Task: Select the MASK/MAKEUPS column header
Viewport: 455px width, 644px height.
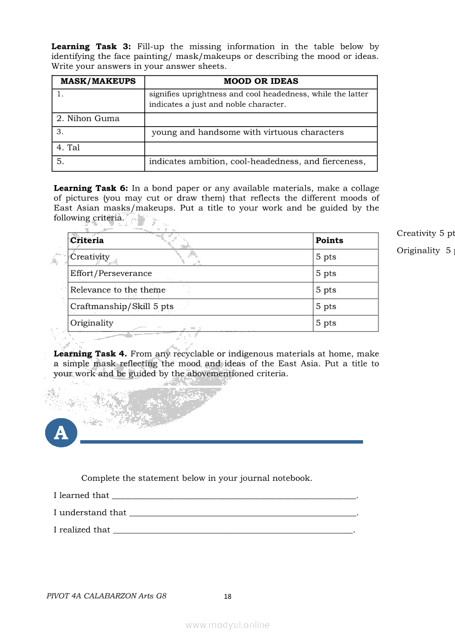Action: click(x=98, y=82)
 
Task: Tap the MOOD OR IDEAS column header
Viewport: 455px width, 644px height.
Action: click(x=261, y=82)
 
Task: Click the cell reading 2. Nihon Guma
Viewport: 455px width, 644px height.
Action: click(x=88, y=119)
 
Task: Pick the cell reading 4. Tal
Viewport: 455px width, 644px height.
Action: click(x=68, y=148)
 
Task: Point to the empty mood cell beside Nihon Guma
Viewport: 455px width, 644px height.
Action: click(x=261, y=120)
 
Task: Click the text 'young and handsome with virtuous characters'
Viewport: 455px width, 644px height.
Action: click(x=247, y=133)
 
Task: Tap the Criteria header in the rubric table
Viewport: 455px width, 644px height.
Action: click(x=87, y=241)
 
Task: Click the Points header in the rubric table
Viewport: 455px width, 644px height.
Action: click(x=329, y=241)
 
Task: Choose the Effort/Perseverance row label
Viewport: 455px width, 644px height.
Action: click(x=111, y=274)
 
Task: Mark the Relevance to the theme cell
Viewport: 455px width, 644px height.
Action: click(x=118, y=290)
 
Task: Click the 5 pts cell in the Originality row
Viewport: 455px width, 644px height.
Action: click(x=326, y=323)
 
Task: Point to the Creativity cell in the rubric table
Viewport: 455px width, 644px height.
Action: click(x=90, y=257)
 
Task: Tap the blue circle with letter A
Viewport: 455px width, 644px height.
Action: click(x=61, y=433)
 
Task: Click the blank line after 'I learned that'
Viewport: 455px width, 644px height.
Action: click(x=234, y=496)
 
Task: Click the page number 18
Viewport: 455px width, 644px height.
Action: click(x=227, y=597)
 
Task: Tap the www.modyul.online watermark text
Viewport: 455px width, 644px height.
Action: click(x=227, y=625)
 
